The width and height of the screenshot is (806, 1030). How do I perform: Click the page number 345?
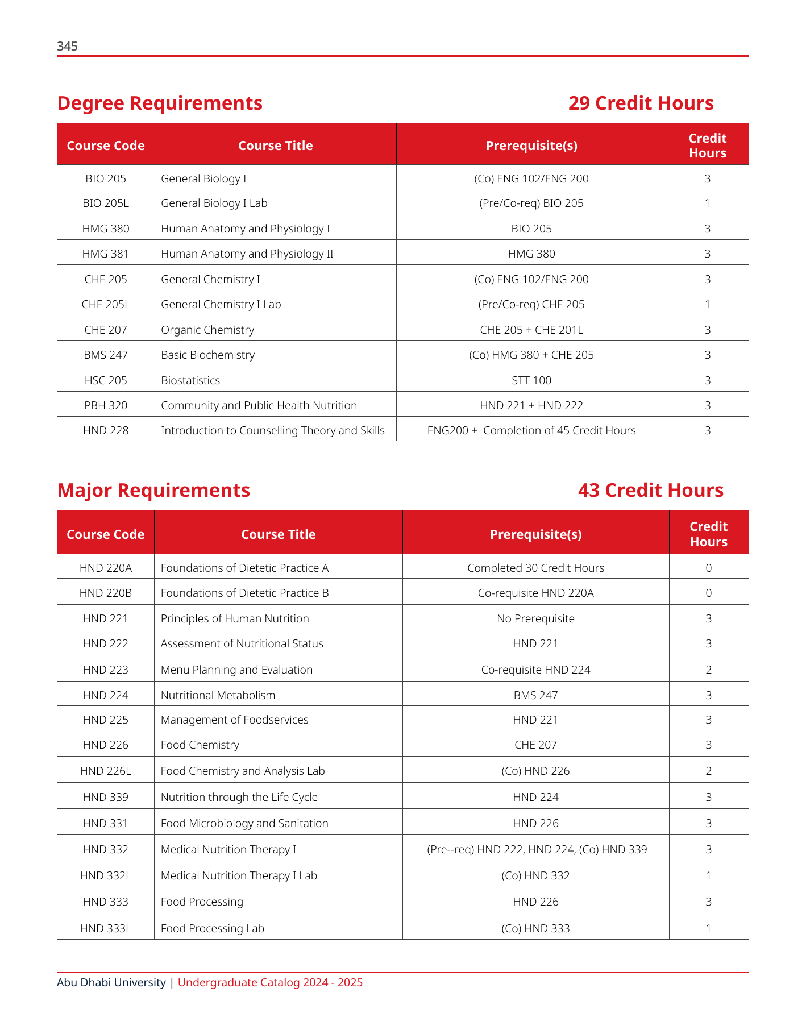point(67,47)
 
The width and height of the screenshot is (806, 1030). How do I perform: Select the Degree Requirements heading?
point(160,103)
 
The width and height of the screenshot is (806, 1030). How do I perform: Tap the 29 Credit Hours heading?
point(641,103)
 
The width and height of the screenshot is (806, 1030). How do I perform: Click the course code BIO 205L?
point(106,203)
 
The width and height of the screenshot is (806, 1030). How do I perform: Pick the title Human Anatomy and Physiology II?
point(247,254)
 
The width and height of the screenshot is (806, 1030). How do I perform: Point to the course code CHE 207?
point(106,330)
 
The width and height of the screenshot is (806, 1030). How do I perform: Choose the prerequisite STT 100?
point(531,381)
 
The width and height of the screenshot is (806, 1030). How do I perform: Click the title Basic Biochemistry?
point(207,355)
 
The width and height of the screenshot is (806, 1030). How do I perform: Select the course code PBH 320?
point(106,406)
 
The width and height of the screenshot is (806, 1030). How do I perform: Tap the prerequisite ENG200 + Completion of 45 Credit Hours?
point(531,431)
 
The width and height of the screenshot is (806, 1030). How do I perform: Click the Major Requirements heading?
point(153,491)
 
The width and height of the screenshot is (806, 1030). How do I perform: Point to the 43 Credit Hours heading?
point(650,491)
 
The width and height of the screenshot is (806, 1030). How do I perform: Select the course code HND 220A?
point(106,568)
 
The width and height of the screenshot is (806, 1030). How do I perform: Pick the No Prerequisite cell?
point(535,619)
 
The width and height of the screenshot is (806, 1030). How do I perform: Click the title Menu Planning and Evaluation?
point(236,670)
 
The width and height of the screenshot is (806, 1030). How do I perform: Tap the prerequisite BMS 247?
point(535,696)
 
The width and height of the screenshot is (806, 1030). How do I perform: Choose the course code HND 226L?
point(106,771)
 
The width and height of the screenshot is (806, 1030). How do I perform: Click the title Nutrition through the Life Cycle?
point(239,798)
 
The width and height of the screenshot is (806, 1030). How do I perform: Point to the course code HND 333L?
point(106,929)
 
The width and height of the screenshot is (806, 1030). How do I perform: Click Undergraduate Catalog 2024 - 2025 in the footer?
point(270,983)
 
